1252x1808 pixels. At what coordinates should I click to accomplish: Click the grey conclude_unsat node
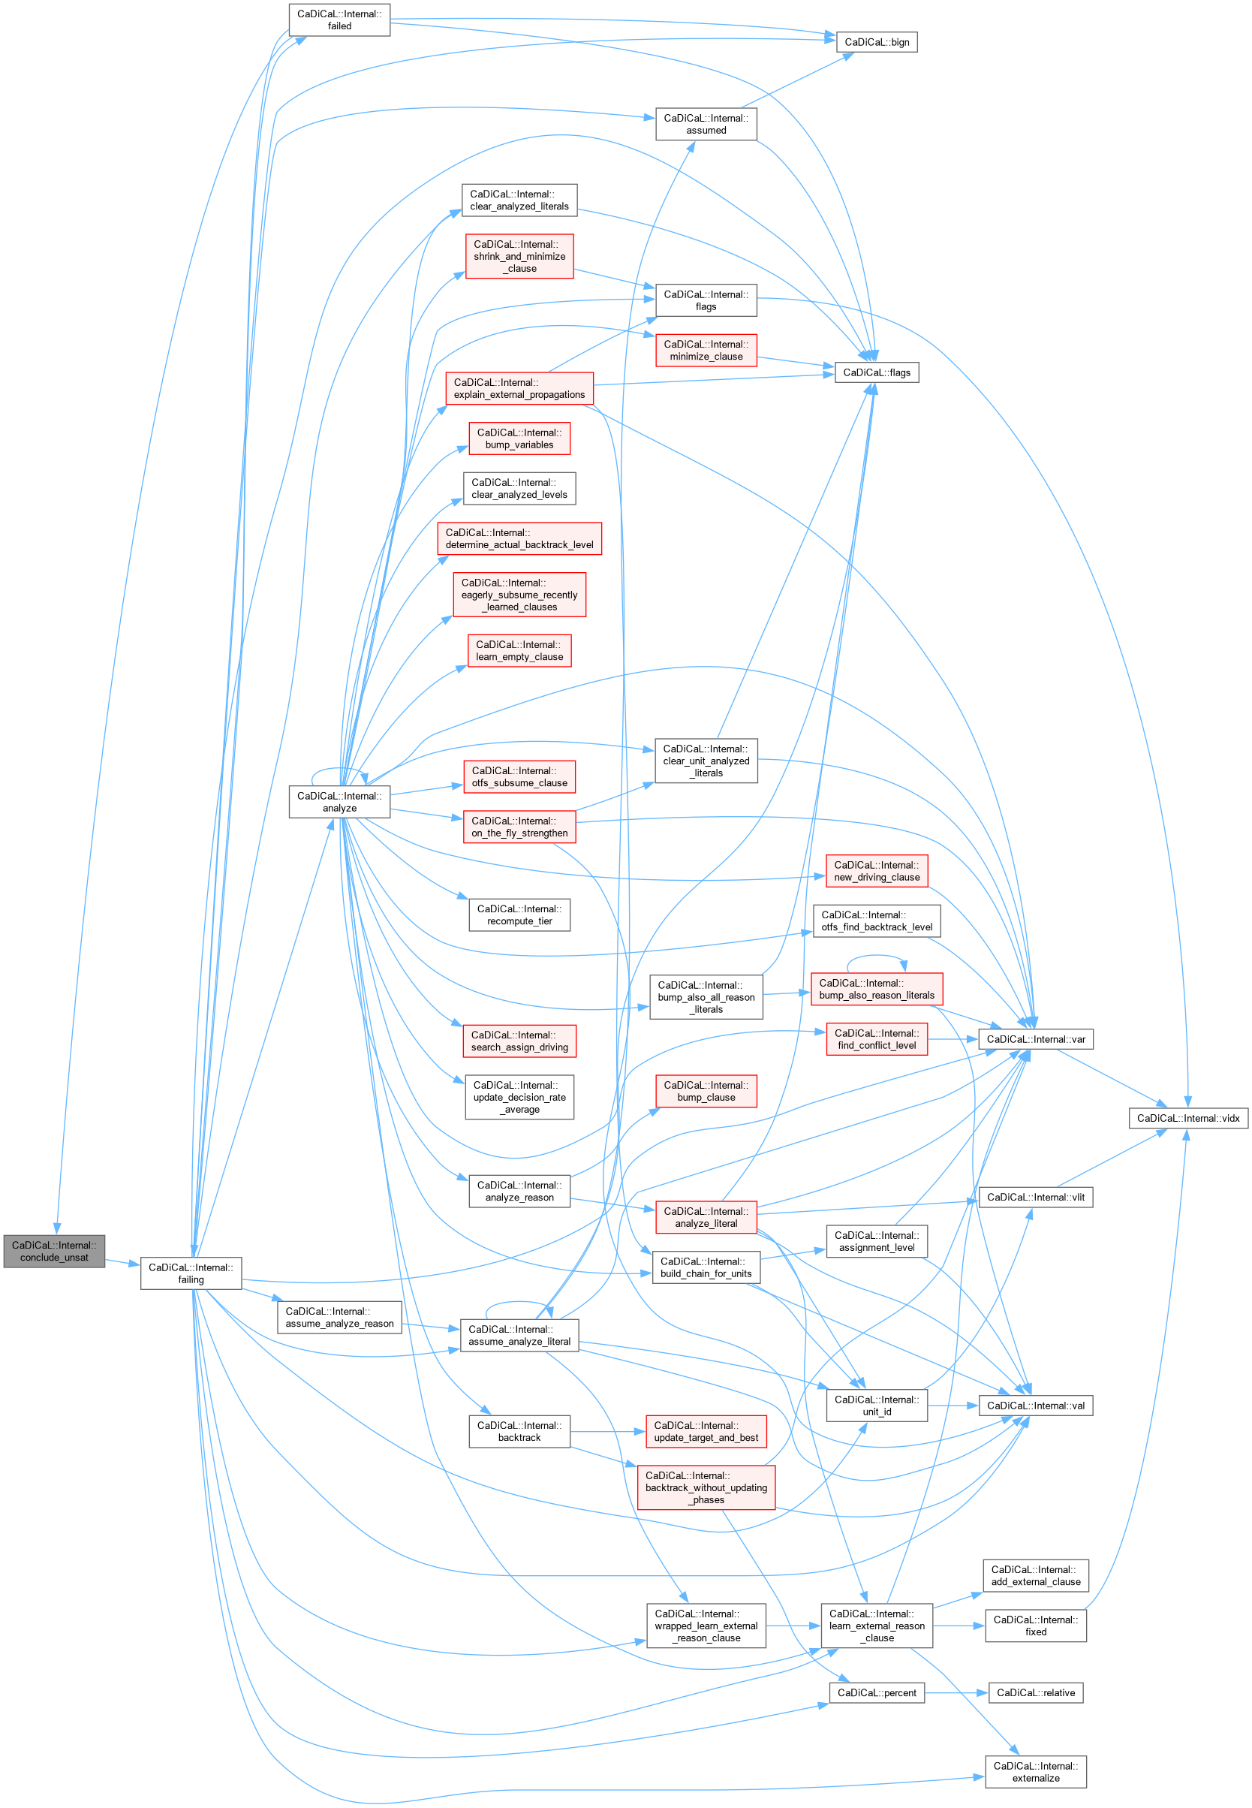(54, 1251)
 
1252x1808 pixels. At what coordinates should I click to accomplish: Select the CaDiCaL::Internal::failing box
(191, 1273)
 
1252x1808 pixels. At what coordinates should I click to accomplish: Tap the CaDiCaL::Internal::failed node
(339, 20)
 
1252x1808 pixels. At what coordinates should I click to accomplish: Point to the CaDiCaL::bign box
(876, 42)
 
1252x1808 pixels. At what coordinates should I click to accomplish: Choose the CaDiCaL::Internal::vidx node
(1187, 1118)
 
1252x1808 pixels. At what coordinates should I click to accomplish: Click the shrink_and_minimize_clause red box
(519, 257)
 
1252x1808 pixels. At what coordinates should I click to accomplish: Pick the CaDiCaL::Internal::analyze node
(339, 801)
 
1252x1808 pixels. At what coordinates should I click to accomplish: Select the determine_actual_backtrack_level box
(519, 539)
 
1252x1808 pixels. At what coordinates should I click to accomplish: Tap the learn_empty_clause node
(519, 650)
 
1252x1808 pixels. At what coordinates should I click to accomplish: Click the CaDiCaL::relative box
(1036, 1692)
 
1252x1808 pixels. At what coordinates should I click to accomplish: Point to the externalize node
(1036, 1772)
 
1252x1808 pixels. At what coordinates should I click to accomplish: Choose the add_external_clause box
(1036, 1575)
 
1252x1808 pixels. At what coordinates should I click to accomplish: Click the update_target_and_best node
(706, 1431)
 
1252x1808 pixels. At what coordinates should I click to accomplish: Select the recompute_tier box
(519, 915)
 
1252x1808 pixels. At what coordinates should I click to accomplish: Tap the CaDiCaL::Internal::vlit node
(1036, 1197)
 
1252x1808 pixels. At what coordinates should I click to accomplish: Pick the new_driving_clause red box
(876, 871)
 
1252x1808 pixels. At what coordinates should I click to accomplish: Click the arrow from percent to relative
(956, 1692)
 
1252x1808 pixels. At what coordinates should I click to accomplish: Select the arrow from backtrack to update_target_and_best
(608, 1431)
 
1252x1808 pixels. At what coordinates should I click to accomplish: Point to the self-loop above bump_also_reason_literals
(876, 957)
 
